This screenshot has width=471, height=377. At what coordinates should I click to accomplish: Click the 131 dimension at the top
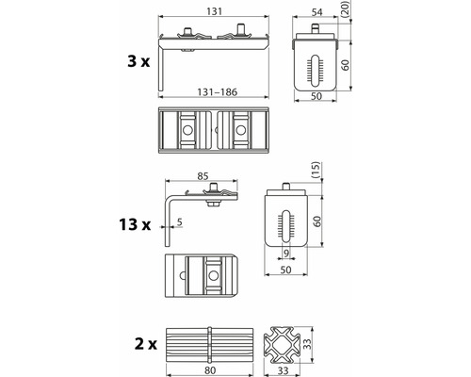tap(215, 11)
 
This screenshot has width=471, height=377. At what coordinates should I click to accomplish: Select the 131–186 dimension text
tap(218, 92)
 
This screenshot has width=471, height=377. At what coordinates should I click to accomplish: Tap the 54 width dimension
tap(317, 12)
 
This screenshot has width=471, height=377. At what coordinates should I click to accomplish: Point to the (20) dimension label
tap(345, 8)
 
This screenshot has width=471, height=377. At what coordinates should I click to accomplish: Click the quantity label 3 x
tap(138, 61)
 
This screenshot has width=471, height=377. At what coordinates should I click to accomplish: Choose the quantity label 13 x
tap(135, 224)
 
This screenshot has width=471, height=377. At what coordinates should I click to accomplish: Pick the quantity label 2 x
tap(145, 344)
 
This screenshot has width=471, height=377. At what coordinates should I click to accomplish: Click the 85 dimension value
tap(203, 176)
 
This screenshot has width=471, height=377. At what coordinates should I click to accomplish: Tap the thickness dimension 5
tap(179, 222)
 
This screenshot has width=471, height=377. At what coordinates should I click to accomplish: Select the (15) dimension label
tap(316, 171)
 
